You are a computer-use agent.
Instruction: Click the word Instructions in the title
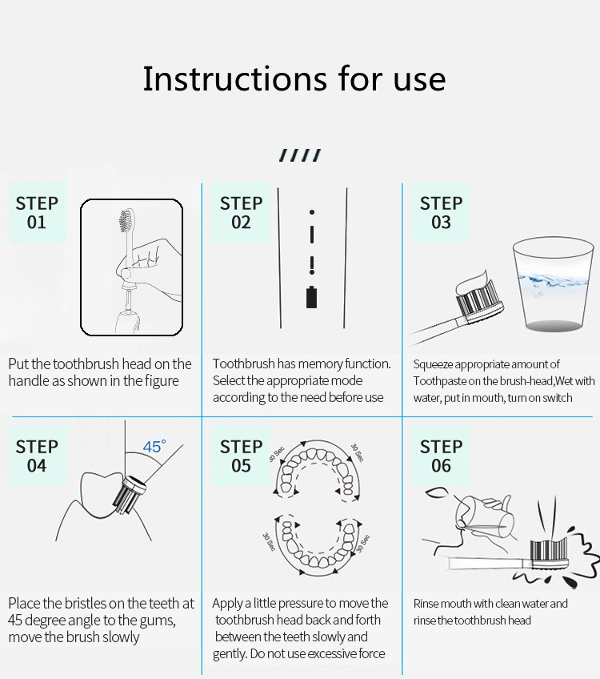(235, 78)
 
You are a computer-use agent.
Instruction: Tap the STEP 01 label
(37, 213)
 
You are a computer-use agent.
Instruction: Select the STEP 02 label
(241, 213)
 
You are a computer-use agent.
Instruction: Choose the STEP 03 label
(441, 213)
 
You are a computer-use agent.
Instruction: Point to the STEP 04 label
(37, 456)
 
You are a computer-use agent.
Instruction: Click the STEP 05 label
(241, 456)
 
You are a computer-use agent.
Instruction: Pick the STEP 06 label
(441, 456)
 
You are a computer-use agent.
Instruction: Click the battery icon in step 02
(311, 297)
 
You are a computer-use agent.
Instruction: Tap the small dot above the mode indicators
(312, 212)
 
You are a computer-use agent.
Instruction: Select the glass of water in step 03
(553, 284)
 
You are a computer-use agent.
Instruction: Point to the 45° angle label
(154, 447)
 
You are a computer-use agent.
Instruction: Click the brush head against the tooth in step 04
(130, 495)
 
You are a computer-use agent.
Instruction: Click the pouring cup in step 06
(485, 516)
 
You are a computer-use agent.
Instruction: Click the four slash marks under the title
(300, 155)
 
